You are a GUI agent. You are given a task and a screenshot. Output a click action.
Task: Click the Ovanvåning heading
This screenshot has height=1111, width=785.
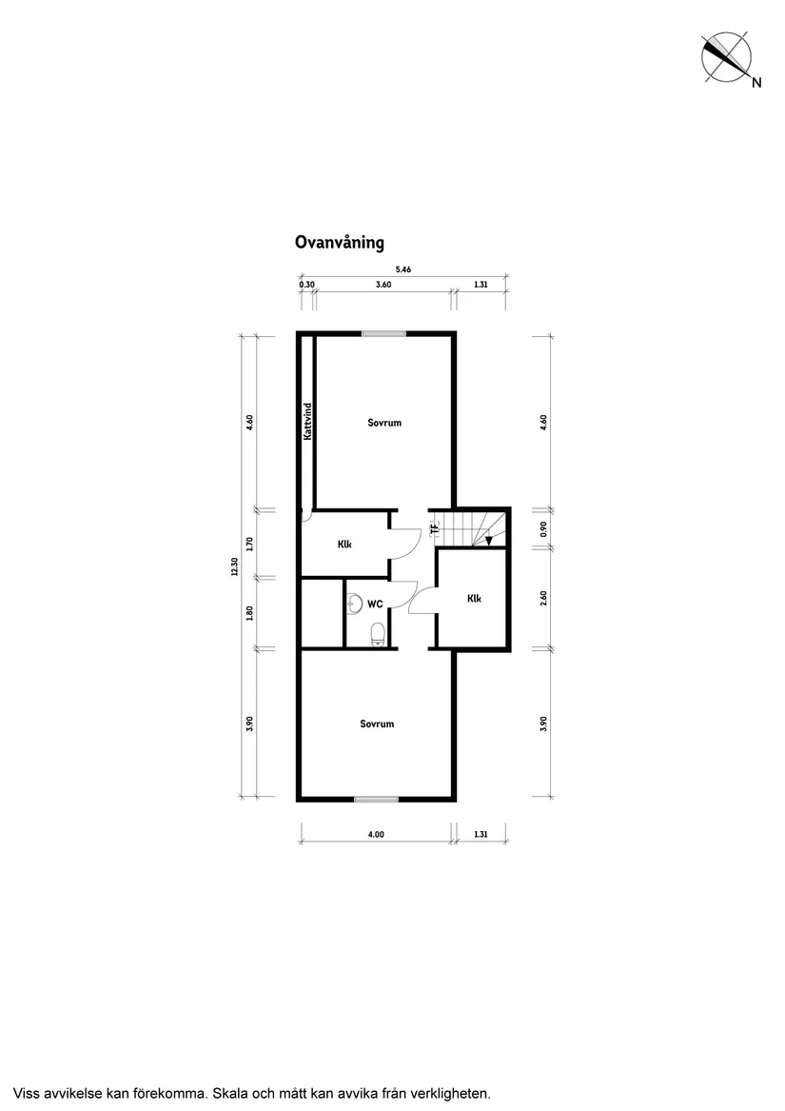point(339,243)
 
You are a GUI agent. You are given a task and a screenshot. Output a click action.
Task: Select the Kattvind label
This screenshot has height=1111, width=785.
point(308,422)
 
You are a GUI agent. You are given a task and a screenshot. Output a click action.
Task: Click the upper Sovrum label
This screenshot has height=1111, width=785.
point(384,422)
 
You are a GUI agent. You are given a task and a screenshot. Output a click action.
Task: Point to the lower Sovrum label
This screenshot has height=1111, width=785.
point(377,724)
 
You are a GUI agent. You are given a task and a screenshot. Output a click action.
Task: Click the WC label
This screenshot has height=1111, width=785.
point(375,604)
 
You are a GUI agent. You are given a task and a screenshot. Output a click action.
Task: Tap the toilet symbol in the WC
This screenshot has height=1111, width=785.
point(378,633)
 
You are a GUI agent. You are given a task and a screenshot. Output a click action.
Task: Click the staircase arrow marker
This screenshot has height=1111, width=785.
point(488,541)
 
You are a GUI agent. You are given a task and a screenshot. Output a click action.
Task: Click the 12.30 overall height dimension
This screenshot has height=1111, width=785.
point(233,565)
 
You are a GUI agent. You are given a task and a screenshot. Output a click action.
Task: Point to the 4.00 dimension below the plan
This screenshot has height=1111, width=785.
point(376,835)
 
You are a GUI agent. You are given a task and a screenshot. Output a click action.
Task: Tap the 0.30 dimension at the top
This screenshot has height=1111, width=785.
point(306,285)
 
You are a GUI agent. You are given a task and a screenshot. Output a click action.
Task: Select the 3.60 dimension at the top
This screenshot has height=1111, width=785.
point(383,285)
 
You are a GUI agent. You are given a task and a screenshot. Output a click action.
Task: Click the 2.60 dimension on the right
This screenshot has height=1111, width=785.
point(543,600)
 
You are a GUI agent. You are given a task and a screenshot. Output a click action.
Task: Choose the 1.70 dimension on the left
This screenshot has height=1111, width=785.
point(249,544)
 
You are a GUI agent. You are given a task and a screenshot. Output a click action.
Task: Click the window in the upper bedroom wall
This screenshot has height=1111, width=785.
point(383,333)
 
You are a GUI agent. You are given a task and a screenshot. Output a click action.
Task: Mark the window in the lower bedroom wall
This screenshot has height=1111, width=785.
point(376,799)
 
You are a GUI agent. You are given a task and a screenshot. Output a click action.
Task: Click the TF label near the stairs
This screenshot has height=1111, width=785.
point(434,528)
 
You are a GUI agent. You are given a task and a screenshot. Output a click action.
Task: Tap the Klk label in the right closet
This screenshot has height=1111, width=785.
point(474,599)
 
